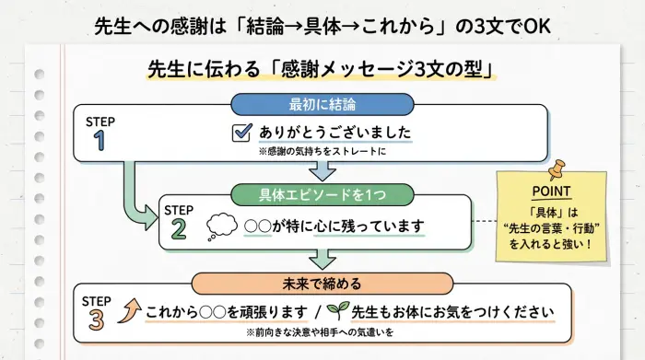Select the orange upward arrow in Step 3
[x=128, y=311]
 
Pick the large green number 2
[x=179, y=228]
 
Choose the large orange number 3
[x=98, y=318]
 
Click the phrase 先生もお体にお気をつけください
[x=450, y=311]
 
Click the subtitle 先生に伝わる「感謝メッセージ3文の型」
[x=322, y=70]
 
